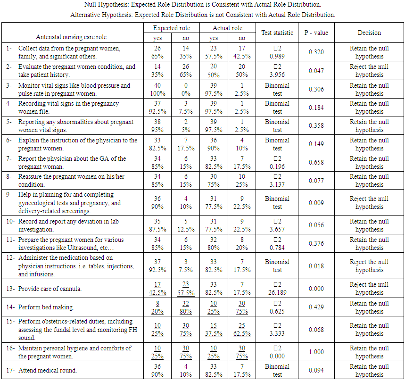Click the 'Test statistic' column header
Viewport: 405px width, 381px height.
[x=277, y=33]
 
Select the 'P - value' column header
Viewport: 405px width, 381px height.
[x=316, y=33]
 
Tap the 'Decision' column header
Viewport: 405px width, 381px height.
[x=369, y=33]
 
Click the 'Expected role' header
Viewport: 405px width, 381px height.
[x=172, y=28]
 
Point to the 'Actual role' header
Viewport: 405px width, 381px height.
[x=227, y=28]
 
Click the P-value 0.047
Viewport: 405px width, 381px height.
[x=316, y=70]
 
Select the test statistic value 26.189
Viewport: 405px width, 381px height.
[x=277, y=293]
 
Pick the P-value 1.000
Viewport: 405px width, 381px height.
[x=316, y=352]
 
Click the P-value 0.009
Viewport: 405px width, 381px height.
[x=316, y=203]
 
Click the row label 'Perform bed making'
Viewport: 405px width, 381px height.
[x=47, y=307]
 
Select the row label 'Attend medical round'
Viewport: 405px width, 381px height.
[x=48, y=370]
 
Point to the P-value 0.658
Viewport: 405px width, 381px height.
[x=316, y=162]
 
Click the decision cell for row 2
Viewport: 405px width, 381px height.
[x=369, y=70]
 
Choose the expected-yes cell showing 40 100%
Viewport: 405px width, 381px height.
[x=157, y=89]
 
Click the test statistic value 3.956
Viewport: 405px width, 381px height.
[x=277, y=75]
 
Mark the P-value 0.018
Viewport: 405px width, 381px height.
[x=316, y=266]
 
